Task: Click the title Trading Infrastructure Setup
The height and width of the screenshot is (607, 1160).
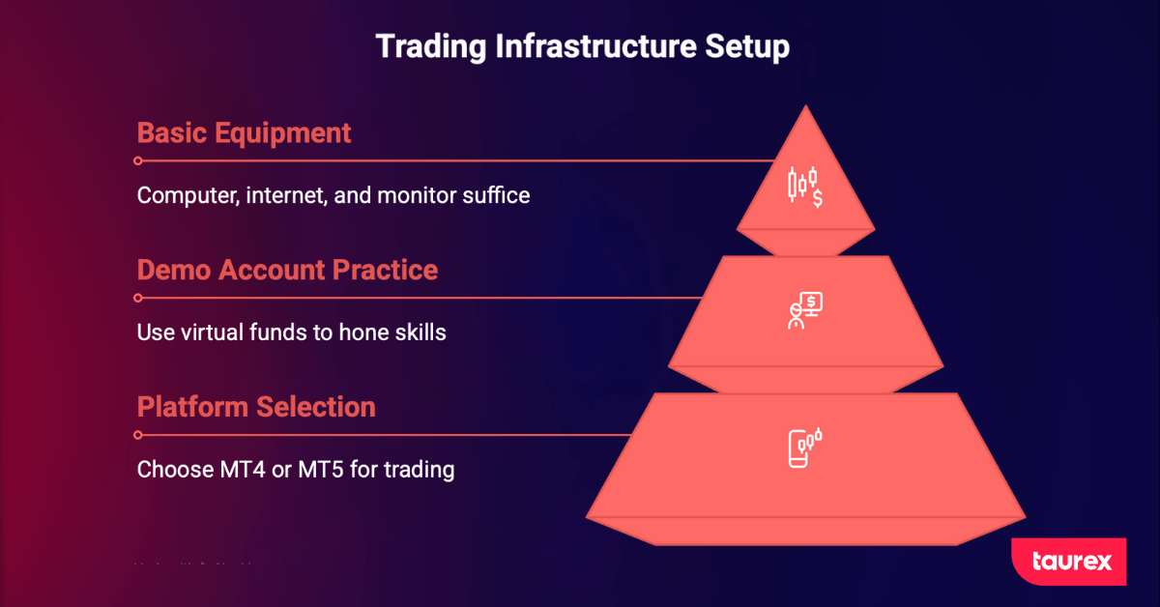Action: coord(582,45)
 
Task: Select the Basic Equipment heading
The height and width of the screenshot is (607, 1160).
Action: coord(245,132)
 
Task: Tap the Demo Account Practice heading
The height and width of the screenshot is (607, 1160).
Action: coord(287,270)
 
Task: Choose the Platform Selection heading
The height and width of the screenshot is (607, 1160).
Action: coord(256,407)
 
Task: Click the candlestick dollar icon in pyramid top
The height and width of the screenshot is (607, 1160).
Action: coord(804,186)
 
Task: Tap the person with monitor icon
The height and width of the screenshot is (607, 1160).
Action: coord(804,311)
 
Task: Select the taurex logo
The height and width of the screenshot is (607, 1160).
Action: coord(1068,562)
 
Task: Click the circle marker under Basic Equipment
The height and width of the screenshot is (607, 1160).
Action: coord(138,160)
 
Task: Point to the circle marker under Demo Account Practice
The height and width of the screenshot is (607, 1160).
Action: coord(138,298)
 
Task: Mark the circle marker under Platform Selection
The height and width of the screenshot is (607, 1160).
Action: coord(138,435)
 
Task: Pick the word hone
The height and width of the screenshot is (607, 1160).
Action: coord(362,332)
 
